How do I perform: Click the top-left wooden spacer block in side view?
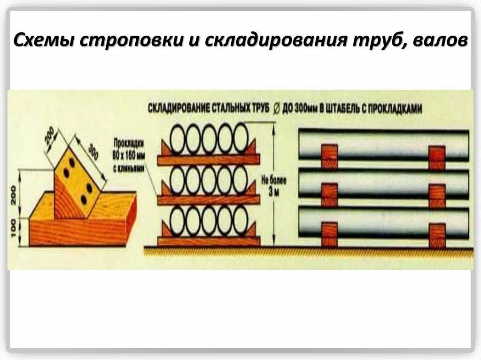(329, 156)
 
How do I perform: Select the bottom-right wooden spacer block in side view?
(437, 234)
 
